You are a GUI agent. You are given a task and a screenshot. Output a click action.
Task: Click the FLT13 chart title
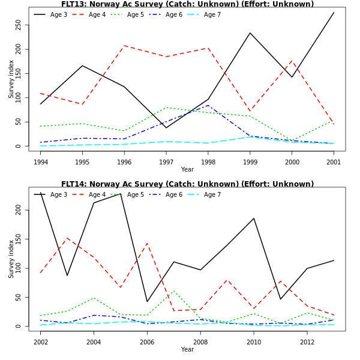click(x=187, y=4)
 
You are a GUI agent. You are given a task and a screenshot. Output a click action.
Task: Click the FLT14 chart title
click(x=187, y=184)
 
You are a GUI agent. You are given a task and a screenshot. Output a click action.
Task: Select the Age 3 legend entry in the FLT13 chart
click(x=58, y=14)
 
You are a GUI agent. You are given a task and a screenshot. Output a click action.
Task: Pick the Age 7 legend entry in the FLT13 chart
click(x=212, y=14)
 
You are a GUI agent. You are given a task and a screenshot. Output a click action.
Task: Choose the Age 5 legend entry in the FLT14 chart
click(x=135, y=194)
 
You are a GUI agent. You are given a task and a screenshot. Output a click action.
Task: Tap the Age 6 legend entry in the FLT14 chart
click(x=173, y=194)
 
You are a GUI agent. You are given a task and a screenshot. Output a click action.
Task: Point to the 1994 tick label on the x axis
click(x=41, y=162)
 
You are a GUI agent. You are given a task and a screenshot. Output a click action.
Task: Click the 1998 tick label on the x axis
click(x=208, y=162)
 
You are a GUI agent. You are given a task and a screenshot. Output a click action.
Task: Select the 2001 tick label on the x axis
click(x=334, y=162)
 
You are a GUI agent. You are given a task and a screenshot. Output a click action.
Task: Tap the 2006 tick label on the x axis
click(x=147, y=342)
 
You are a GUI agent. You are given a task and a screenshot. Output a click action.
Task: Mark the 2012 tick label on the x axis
click(x=307, y=342)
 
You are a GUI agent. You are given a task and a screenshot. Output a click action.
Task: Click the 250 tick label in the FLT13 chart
click(x=19, y=25)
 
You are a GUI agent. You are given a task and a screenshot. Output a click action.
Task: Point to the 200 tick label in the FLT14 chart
click(x=19, y=210)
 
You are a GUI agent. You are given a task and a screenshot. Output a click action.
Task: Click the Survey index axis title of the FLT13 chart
click(x=11, y=79)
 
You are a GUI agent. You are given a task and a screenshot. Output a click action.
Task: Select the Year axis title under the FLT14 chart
click(x=187, y=349)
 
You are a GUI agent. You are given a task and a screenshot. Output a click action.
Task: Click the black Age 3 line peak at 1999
click(x=250, y=33)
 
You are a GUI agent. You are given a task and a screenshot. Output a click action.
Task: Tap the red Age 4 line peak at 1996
click(x=124, y=46)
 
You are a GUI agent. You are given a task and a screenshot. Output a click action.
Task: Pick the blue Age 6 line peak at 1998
click(x=208, y=106)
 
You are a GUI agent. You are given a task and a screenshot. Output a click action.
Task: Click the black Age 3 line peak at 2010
click(x=254, y=218)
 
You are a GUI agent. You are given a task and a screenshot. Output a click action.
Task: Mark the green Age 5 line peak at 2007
click(x=173, y=291)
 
